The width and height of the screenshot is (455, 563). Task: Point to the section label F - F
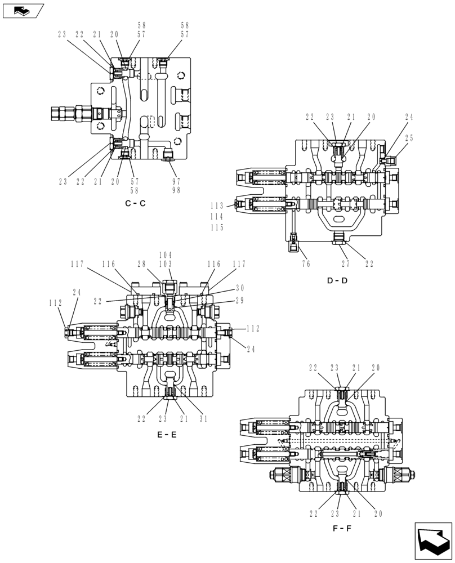(x=342, y=529)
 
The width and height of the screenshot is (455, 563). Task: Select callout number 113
(x=217, y=205)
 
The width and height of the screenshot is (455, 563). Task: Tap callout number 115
(x=217, y=227)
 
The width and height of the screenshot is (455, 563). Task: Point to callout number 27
(x=345, y=263)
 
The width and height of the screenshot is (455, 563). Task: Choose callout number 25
(x=409, y=138)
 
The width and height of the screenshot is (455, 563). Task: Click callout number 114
(x=217, y=217)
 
